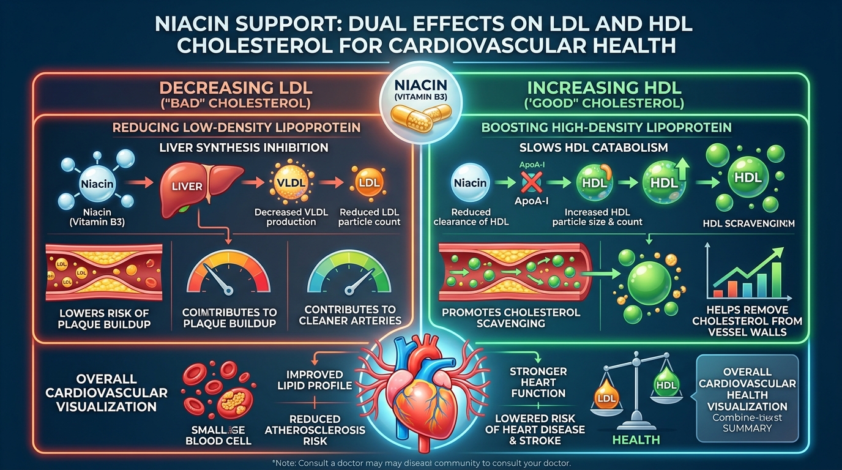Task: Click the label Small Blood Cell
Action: click(218, 435)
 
